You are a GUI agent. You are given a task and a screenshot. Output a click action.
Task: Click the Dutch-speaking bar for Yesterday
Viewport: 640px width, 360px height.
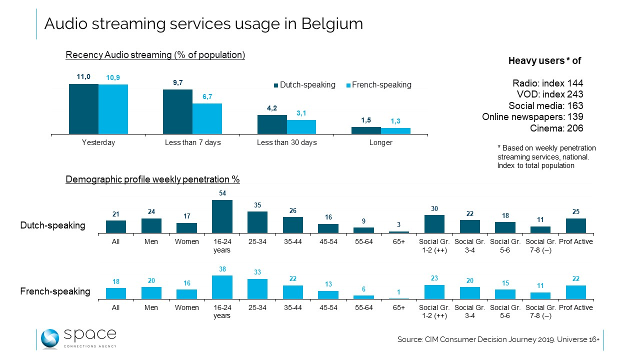click(83, 108)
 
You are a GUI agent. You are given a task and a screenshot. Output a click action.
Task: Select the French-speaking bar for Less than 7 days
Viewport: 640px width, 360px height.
click(207, 118)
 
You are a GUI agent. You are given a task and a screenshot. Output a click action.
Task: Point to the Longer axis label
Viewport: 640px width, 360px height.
click(381, 142)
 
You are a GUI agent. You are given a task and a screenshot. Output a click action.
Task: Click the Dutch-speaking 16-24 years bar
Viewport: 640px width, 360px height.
click(222, 216)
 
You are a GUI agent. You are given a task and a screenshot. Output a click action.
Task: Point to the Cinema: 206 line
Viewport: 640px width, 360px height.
click(556, 128)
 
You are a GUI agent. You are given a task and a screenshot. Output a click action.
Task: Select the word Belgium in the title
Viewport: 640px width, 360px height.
click(332, 23)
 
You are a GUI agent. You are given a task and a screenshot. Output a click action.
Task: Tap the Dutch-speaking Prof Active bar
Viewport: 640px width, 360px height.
click(575, 225)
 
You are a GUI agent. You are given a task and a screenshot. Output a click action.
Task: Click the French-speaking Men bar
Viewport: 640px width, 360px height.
click(151, 293)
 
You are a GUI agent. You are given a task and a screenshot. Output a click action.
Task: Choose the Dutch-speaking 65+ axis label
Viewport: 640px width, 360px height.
click(398, 242)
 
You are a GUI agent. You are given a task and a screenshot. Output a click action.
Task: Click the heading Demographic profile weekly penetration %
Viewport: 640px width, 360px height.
click(152, 179)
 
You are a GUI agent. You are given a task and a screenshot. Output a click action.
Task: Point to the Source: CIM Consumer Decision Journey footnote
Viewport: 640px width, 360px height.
click(498, 339)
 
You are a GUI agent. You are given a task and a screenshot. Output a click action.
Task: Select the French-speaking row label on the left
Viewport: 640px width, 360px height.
click(55, 291)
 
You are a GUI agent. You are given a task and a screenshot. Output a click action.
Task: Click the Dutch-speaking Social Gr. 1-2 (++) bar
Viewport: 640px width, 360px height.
click(434, 224)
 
